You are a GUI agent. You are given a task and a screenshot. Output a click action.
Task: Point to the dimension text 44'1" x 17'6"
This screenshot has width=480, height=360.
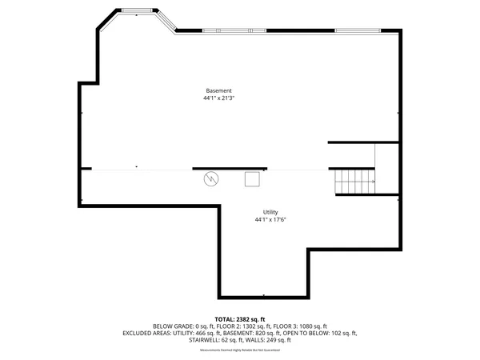coord(270,219)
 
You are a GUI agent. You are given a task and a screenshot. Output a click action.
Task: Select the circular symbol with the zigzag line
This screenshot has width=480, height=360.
coord(211,178)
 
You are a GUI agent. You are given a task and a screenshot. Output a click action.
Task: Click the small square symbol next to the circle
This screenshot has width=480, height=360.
coord(253,179)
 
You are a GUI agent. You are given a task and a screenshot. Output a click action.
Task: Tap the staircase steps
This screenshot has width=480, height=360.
coord(352,182)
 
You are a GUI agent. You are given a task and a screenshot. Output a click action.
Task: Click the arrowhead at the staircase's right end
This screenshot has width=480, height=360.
coord(373,182)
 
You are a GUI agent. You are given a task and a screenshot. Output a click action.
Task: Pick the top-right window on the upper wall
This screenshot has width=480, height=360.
coord(358,30)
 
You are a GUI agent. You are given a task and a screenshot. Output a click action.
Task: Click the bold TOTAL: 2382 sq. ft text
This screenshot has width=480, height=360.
coord(239,319)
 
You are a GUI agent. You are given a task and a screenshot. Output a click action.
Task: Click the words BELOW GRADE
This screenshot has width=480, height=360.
coord(171,326)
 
